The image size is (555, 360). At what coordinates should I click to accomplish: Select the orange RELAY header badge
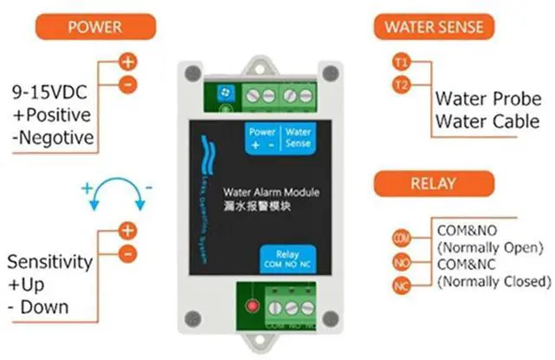pos(429,185)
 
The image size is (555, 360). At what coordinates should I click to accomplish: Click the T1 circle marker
pos(399,62)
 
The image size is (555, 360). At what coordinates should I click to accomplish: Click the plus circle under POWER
pos(127,62)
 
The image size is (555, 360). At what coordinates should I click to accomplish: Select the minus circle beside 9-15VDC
pos(127,83)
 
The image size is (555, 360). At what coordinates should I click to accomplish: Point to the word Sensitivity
pos(49,261)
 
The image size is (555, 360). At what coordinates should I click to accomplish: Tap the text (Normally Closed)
pos(495,282)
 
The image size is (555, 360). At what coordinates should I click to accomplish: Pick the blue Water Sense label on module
pos(298,136)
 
